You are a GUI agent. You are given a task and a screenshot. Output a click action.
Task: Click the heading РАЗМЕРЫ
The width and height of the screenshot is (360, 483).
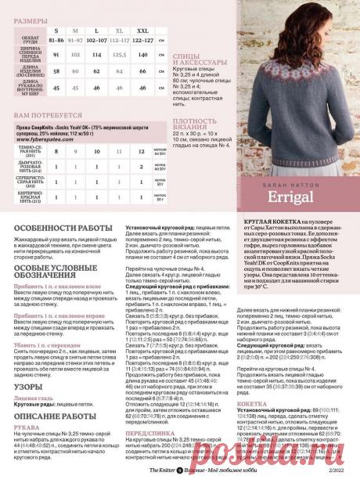31,18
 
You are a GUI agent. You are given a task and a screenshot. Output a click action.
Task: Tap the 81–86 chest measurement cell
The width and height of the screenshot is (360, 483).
56,39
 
